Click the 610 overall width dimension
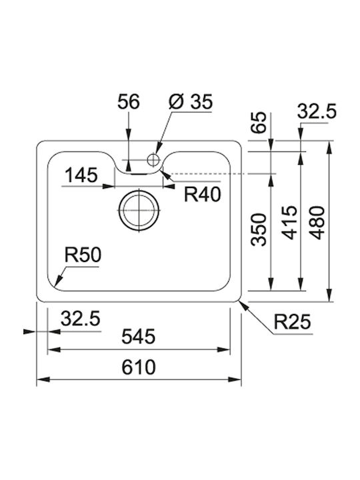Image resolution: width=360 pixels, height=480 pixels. [139, 367]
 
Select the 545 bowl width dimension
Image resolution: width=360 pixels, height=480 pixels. [139, 337]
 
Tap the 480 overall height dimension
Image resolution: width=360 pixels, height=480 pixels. [317, 223]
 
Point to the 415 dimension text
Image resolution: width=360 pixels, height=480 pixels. [289, 223]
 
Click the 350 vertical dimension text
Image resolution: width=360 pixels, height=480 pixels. [259, 229]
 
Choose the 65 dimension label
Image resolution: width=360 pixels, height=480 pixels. [259, 123]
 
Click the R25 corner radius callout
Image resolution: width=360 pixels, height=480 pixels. [293, 321]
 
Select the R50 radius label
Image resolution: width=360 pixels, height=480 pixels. [83, 255]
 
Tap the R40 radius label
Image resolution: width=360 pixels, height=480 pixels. [203, 195]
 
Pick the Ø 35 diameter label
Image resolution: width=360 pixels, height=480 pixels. [191, 101]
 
